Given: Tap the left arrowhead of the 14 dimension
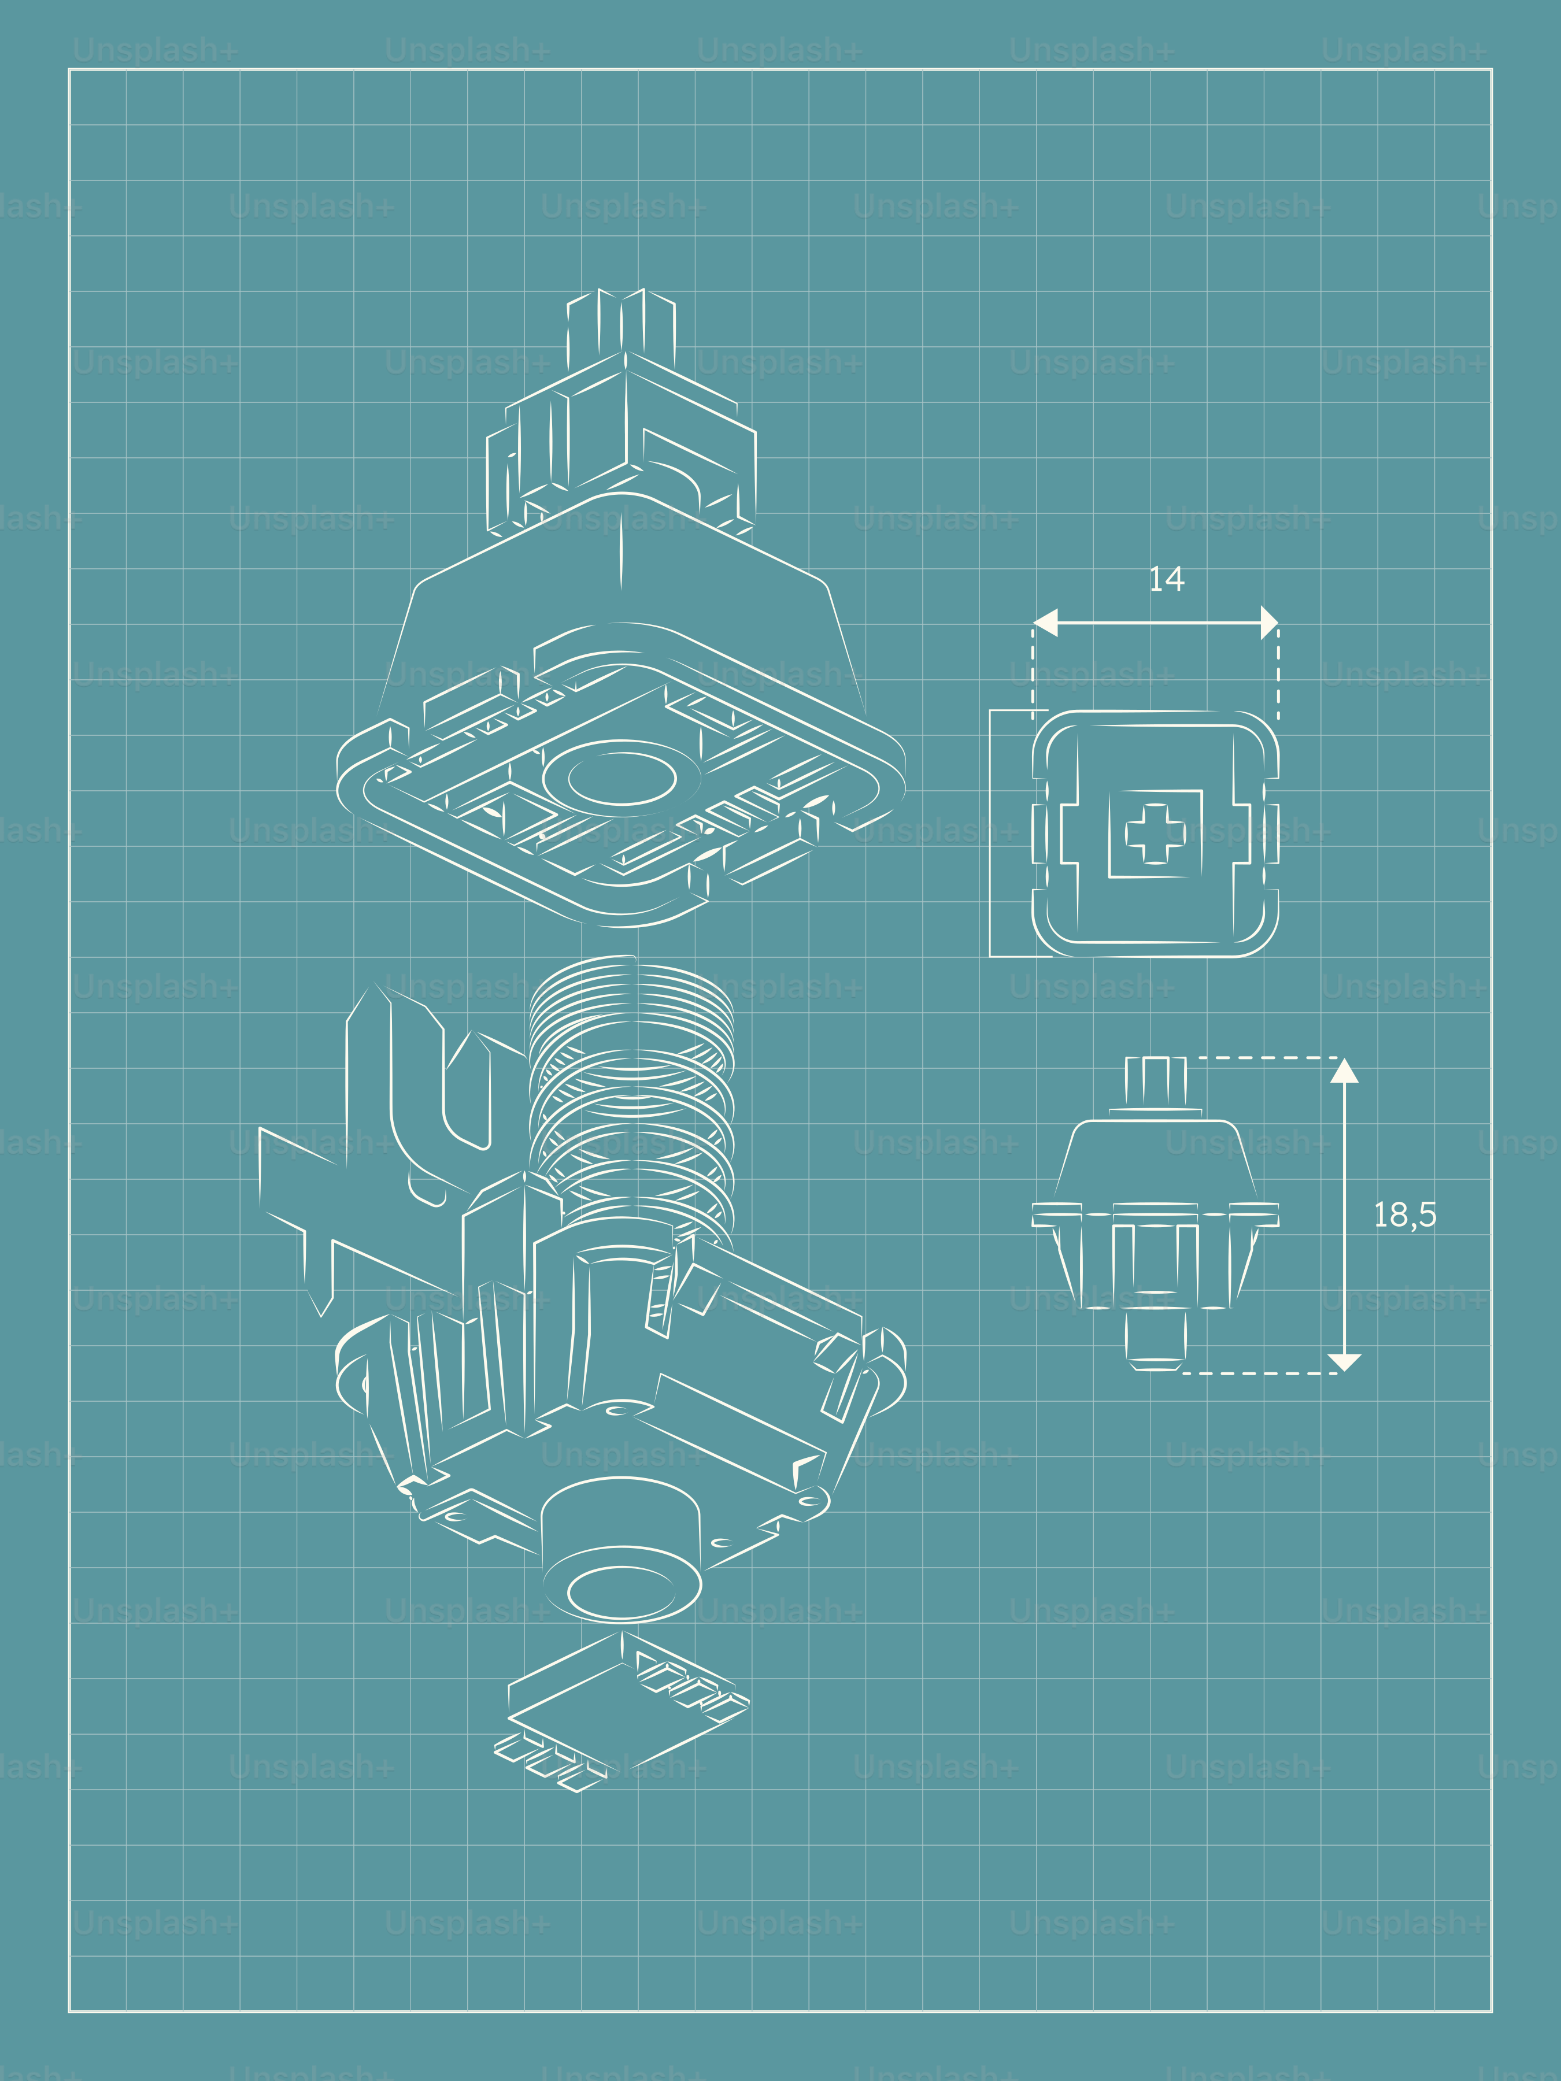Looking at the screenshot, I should coord(1045,622).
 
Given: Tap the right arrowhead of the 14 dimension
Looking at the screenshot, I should coord(1268,622).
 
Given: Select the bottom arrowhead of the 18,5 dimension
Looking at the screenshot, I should coord(1344,1361).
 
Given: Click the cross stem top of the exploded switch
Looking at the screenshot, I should coord(621,324).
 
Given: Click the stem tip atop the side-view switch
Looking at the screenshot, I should coord(1156,1082).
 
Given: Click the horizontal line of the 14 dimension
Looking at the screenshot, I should coord(1157,622).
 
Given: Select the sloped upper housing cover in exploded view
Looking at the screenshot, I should coord(621,574).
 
